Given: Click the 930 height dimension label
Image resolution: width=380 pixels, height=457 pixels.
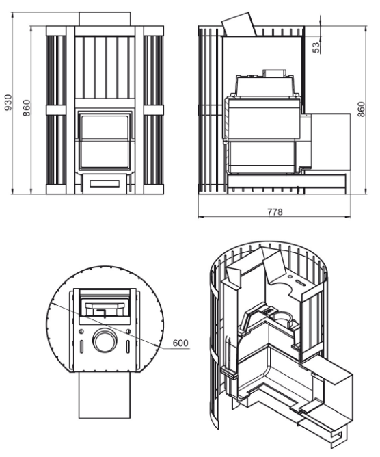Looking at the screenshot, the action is click(8, 103).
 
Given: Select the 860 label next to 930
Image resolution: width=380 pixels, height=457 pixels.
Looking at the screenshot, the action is click(27, 108).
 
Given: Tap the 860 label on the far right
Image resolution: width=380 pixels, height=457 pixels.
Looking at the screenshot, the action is click(361, 109).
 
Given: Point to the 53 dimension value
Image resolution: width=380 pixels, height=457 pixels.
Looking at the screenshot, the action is click(316, 47).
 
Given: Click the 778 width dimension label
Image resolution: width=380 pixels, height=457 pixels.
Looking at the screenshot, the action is click(275, 212).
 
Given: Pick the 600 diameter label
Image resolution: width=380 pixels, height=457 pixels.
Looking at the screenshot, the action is click(180, 343).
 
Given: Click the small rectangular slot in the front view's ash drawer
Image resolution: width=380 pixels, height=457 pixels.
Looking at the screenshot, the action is click(105, 183).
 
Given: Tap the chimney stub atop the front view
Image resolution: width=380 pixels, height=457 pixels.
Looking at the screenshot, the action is click(105, 19).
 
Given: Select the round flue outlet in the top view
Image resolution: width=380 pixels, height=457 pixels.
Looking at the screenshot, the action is click(105, 341).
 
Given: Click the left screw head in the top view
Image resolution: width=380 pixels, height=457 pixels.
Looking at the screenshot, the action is click(81, 332).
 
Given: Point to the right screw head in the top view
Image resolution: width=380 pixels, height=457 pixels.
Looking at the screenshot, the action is click(128, 331).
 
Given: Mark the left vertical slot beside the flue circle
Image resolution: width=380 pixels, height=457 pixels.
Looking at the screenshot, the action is click(81, 347).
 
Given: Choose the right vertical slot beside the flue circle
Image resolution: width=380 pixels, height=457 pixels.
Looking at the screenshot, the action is click(128, 347).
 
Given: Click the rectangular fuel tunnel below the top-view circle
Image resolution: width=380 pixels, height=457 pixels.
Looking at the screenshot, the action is click(105, 395).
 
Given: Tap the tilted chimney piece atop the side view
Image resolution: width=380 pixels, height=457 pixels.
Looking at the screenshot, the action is click(239, 25).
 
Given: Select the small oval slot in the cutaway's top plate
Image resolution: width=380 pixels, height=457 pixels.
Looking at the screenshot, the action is click(301, 283).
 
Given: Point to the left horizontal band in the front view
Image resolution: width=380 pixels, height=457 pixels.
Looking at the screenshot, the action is click(56, 110).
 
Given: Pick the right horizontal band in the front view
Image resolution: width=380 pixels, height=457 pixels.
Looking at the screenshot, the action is click(154, 110).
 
